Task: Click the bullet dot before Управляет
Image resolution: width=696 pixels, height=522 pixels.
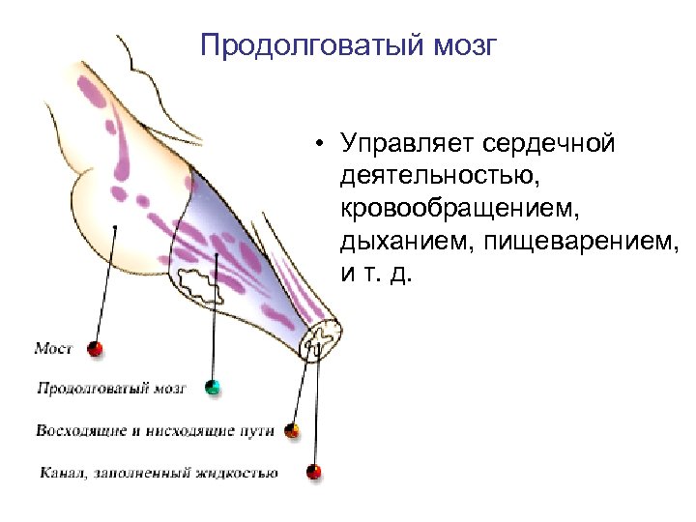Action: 318,146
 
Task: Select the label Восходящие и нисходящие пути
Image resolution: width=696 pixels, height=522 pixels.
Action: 155,430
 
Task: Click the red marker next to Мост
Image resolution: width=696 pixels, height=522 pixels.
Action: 94,349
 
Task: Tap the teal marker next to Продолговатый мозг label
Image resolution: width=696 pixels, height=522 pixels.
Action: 213,389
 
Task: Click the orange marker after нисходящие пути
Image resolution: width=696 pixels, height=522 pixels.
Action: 293,431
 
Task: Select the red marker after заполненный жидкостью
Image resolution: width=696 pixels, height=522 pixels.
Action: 312,472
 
